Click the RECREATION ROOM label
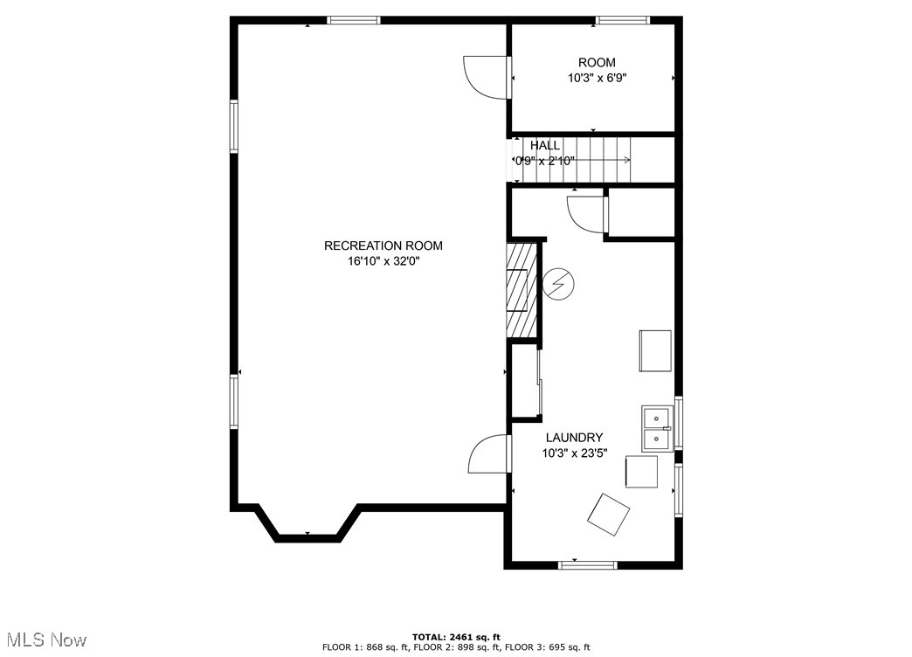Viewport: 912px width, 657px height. click(383, 246)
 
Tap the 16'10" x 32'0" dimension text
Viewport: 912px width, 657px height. click(383, 261)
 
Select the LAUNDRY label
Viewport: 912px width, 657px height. click(574, 438)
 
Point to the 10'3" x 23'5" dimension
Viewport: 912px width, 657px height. click(575, 453)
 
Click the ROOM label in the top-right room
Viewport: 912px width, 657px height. click(597, 62)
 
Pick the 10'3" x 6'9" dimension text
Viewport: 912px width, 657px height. click(598, 78)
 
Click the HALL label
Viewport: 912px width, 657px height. click(545, 146)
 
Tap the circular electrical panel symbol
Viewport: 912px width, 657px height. click(558, 284)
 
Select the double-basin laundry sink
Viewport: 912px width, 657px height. click(657, 428)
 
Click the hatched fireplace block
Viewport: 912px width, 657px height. click(521, 290)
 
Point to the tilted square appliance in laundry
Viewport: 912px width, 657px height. click(608, 515)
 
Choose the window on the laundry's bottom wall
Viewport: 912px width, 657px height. click(587, 564)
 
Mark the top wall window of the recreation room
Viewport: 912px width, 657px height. click(354, 20)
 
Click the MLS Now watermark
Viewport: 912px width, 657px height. click(44, 640)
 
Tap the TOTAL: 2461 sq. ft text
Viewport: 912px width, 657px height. click(456, 637)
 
